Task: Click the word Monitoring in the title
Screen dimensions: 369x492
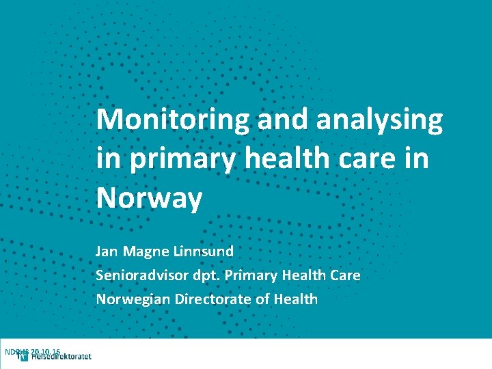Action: click(173, 120)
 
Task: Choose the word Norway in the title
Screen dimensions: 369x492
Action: click(150, 199)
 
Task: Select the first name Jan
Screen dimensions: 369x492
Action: click(107, 251)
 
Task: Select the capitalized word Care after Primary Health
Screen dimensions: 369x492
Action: click(344, 275)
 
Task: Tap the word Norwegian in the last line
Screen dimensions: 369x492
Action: click(133, 299)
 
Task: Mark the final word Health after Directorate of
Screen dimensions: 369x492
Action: click(296, 299)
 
